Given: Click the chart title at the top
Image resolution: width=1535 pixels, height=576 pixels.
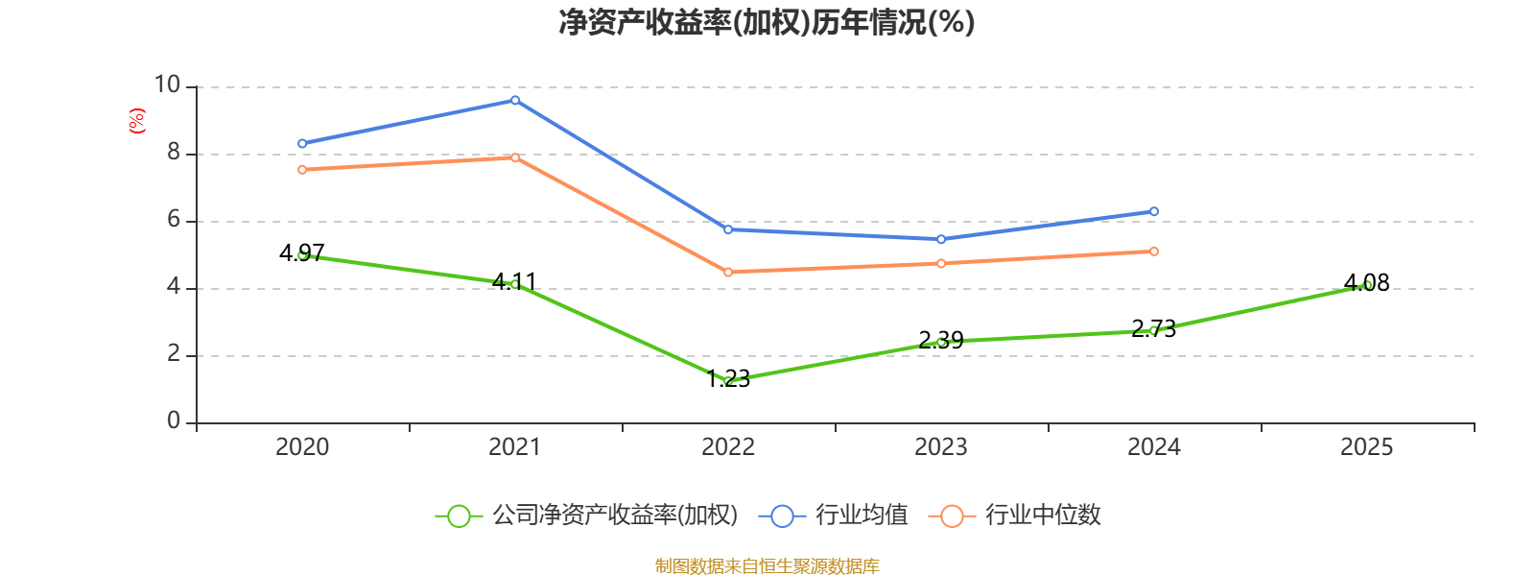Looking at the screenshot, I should tap(767, 22).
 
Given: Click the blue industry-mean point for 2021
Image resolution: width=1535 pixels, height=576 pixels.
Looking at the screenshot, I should tap(515, 100).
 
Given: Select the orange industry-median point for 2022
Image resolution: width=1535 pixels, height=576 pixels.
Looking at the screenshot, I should tap(728, 273).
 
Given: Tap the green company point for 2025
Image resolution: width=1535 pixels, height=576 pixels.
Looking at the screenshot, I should tap(1367, 285).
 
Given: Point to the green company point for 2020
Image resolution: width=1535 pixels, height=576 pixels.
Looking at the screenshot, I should tap(302, 255).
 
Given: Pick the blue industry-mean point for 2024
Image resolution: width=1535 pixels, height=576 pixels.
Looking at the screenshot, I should tap(1154, 211).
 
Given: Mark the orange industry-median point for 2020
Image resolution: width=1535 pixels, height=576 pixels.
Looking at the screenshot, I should tap(302, 170).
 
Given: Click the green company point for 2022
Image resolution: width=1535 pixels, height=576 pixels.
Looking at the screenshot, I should tap(728, 381).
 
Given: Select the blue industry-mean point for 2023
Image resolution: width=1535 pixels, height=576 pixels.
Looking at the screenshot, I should tap(941, 239).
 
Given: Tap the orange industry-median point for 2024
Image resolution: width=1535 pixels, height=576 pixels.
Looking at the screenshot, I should tap(1154, 252).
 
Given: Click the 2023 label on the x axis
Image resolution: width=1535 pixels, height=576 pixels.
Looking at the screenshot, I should tap(941, 446).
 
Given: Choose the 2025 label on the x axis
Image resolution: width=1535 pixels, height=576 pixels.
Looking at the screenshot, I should tap(1367, 446).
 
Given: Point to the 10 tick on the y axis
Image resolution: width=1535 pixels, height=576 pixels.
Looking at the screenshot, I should tap(168, 85).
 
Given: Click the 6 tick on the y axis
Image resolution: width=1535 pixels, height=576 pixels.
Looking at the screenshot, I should tap(174, 220).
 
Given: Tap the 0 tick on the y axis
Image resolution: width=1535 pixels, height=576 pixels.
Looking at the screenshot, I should tap(174, 421).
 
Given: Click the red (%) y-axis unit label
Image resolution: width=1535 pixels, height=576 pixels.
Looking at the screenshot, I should tap(137, 121).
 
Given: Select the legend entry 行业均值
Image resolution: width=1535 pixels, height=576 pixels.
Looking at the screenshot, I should tap(834, 516).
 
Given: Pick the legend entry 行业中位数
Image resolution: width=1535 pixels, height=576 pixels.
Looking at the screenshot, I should tap(1015, 516).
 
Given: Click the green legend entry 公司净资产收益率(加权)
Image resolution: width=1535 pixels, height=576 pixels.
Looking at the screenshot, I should tap(586, 516).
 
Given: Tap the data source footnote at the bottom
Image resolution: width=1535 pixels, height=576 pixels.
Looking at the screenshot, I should tap(767, 566).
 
